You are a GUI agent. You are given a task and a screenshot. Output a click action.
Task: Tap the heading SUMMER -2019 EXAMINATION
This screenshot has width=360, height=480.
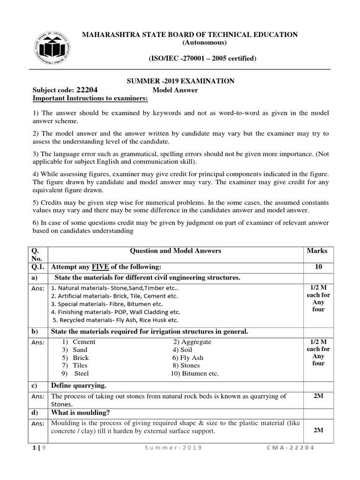tap(181, 81)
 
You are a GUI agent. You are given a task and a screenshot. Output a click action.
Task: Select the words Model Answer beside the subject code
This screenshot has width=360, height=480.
tap(175, 90)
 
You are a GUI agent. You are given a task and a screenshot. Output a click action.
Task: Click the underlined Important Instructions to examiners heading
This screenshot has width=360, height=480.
tap(90, 98)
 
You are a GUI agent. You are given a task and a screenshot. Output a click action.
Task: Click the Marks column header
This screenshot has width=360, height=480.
tap(317, 251)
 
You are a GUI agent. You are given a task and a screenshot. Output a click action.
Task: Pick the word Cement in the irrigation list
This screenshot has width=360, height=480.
tap(84, 342)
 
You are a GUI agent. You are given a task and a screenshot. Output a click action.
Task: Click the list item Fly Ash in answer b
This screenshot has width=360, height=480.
tap(187, 358)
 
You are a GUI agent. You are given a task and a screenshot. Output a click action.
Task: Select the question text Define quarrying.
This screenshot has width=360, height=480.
tap(79, 385)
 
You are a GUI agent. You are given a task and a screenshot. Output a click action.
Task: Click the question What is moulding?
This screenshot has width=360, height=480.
tap(80, 412)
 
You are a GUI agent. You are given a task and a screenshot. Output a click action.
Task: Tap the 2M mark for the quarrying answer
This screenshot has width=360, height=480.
tap(318, 396)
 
